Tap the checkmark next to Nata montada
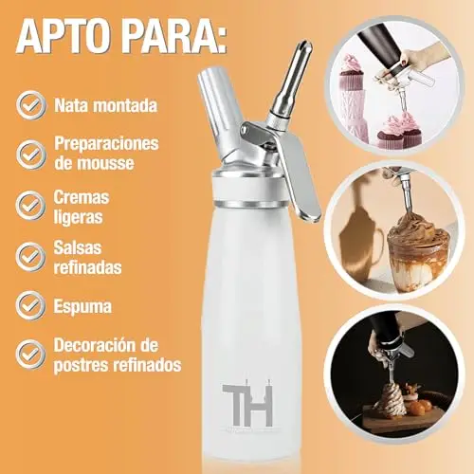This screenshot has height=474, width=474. tap(31, 105)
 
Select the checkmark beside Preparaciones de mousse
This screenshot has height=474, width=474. tap(31, 155)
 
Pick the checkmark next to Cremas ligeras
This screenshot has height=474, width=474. tap(31, 206)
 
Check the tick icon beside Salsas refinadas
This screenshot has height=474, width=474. tap(31, 257)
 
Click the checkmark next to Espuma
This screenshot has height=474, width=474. tap(31, 305)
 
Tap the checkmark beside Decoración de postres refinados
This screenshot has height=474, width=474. tap(31, 355)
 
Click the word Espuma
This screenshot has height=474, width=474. tap(82, 306)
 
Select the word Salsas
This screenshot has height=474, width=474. tap(78, 247)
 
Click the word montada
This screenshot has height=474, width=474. tap(126, 105)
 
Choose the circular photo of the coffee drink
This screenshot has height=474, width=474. tap(394, 230)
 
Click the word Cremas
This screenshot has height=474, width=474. tap(82, 197)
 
